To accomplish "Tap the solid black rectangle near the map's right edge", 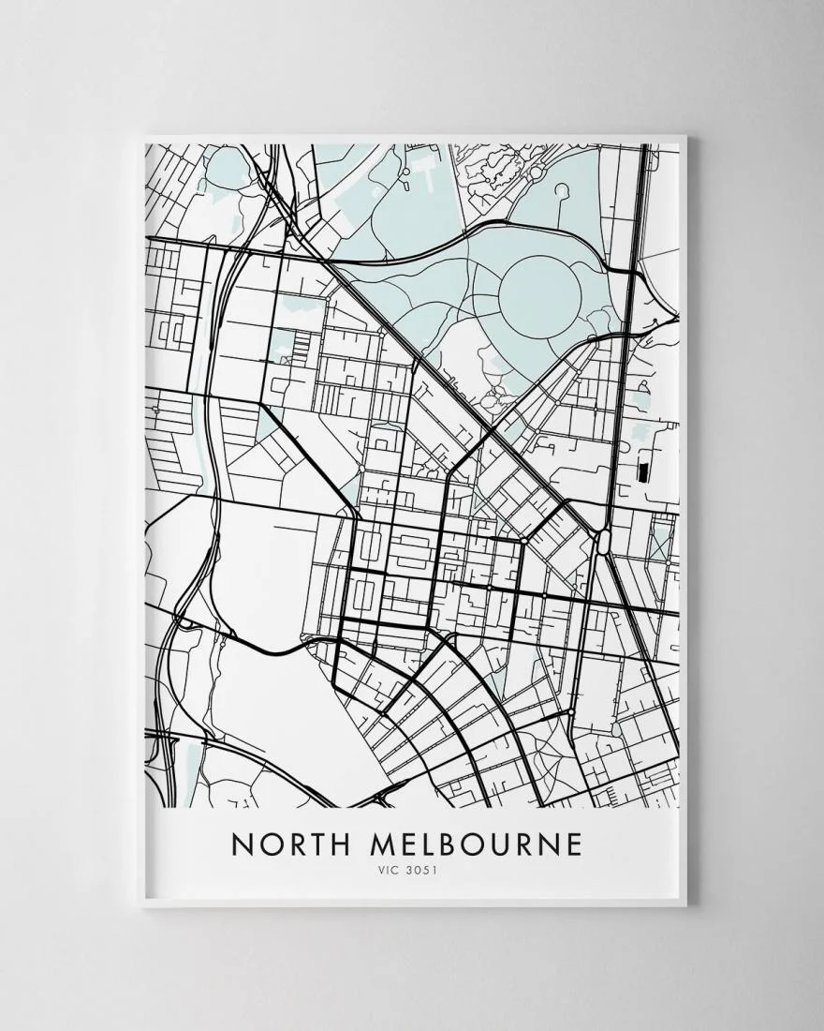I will tap(643, 472).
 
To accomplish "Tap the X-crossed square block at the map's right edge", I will tap(661, 544).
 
